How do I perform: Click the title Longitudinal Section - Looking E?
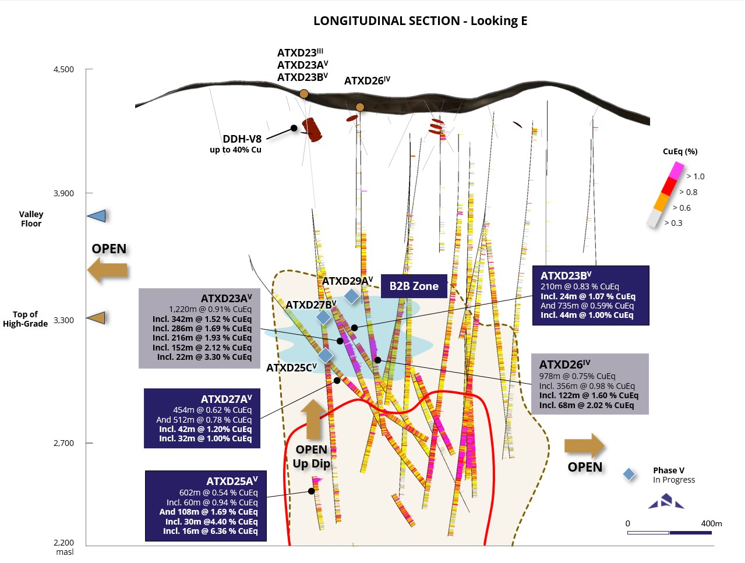[420, 21]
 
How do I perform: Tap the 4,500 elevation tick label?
[64, 69]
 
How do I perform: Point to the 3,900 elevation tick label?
[64, 193]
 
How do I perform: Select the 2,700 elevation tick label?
[64, 443]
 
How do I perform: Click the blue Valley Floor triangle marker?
[97, 216]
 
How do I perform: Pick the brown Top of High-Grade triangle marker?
[97, 318]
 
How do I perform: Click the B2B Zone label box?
[414, 286]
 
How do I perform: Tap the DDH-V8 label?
[242, 139]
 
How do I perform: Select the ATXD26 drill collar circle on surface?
[360, 107]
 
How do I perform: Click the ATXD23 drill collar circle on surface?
[303, 94]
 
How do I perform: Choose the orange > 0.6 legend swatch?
[662, 201]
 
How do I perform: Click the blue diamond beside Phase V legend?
[629, 475]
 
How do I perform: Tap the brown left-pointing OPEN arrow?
[108, 270]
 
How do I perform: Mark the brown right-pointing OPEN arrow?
[584, 446]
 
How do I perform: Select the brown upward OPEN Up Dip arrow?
[313, 419]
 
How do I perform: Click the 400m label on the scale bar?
[711, 523]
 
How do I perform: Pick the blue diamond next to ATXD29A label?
[351, 296]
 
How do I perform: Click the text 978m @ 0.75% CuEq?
[577, 376]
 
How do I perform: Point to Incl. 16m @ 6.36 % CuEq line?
[210, 531]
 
